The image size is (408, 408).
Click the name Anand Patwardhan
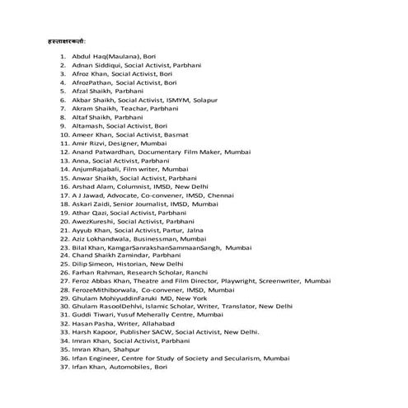click(x=101, y=151)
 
